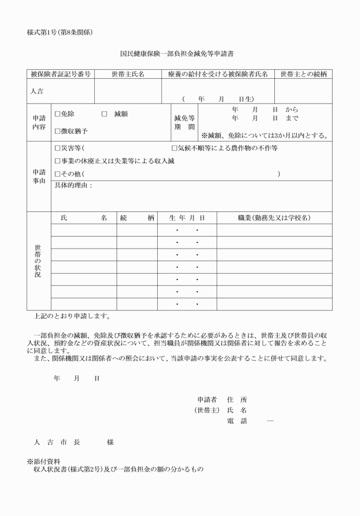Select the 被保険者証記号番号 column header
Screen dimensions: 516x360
pyautogui.click(x=61, y=74)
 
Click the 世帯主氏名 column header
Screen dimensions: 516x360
pyautogui.click(x=127, y=74)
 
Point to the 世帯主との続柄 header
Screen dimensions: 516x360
pyautogui.click(x=303, y=74)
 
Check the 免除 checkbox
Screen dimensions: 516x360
pyautogui.click(x=57, y=114)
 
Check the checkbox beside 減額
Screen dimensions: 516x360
pyautogui.click(x=105, y=114)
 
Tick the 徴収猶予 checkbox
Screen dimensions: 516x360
pyautogui.click(x=57, y=131)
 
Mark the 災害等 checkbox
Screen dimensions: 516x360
pyautogui.click(x=57, y=148)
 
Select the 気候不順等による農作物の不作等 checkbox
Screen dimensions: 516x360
pyautogui.click(x=174, y=148)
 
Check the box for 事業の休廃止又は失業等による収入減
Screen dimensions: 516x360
pyautogui.click(x=57, y=161)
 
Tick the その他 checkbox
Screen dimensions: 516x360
pyautogui.click(x=57, y=174)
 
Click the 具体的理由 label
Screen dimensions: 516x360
pyautogui.click(x=73, y=186)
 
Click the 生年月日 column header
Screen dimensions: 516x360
pyautogui.click(x=187, y=218)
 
